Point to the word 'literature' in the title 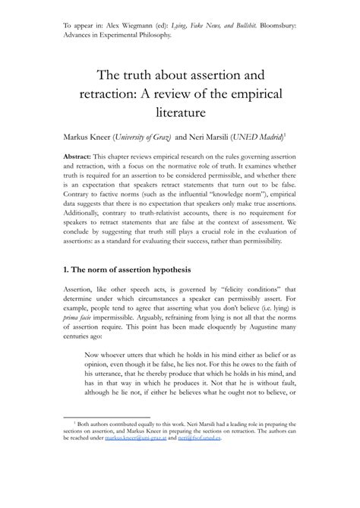(x=180, y=114)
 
